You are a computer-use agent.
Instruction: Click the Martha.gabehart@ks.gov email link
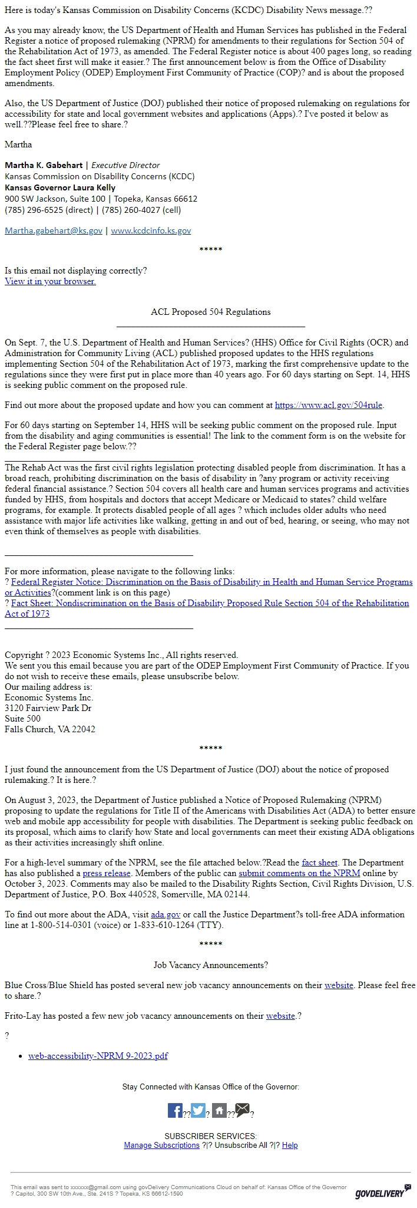coord(53,231)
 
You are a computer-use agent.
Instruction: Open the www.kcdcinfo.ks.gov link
coord(151,231)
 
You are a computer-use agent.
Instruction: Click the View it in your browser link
coord(50,281)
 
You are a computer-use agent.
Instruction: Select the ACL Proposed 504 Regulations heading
coord(210,312)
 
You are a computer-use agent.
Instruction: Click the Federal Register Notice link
coord(211,582)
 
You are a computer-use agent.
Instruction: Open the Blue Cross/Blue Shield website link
coord(339,985)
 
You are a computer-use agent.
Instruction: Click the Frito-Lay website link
coord(280,1016)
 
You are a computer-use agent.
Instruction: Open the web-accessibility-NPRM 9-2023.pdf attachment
coord(98,1056)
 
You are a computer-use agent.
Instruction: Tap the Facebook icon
coord(175,1111)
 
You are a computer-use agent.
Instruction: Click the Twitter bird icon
coord(198,1111)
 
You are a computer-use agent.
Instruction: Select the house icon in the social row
coord(220,1111)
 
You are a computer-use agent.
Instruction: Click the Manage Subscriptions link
coord(161,1145)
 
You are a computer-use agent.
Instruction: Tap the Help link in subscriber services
coord(290,1145)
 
